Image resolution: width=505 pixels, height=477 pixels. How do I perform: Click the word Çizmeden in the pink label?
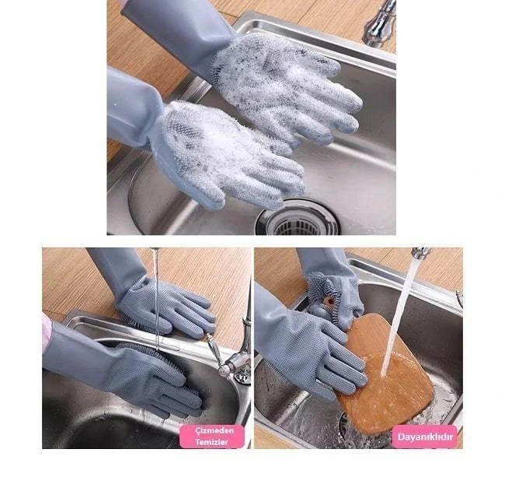(211, 430)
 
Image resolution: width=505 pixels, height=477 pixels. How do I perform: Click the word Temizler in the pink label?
(211, 442)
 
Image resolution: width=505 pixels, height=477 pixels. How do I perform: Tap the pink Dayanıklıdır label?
(425, 437)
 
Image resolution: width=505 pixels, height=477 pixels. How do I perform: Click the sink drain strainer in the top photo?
(298, 219)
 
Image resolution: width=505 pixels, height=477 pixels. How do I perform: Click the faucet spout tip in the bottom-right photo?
(420, 253)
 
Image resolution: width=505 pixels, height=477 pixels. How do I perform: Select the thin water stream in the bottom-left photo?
(156, 298)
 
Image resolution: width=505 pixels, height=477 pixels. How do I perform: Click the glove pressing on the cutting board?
(326, 352)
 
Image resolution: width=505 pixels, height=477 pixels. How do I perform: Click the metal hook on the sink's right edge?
(459, 298)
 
